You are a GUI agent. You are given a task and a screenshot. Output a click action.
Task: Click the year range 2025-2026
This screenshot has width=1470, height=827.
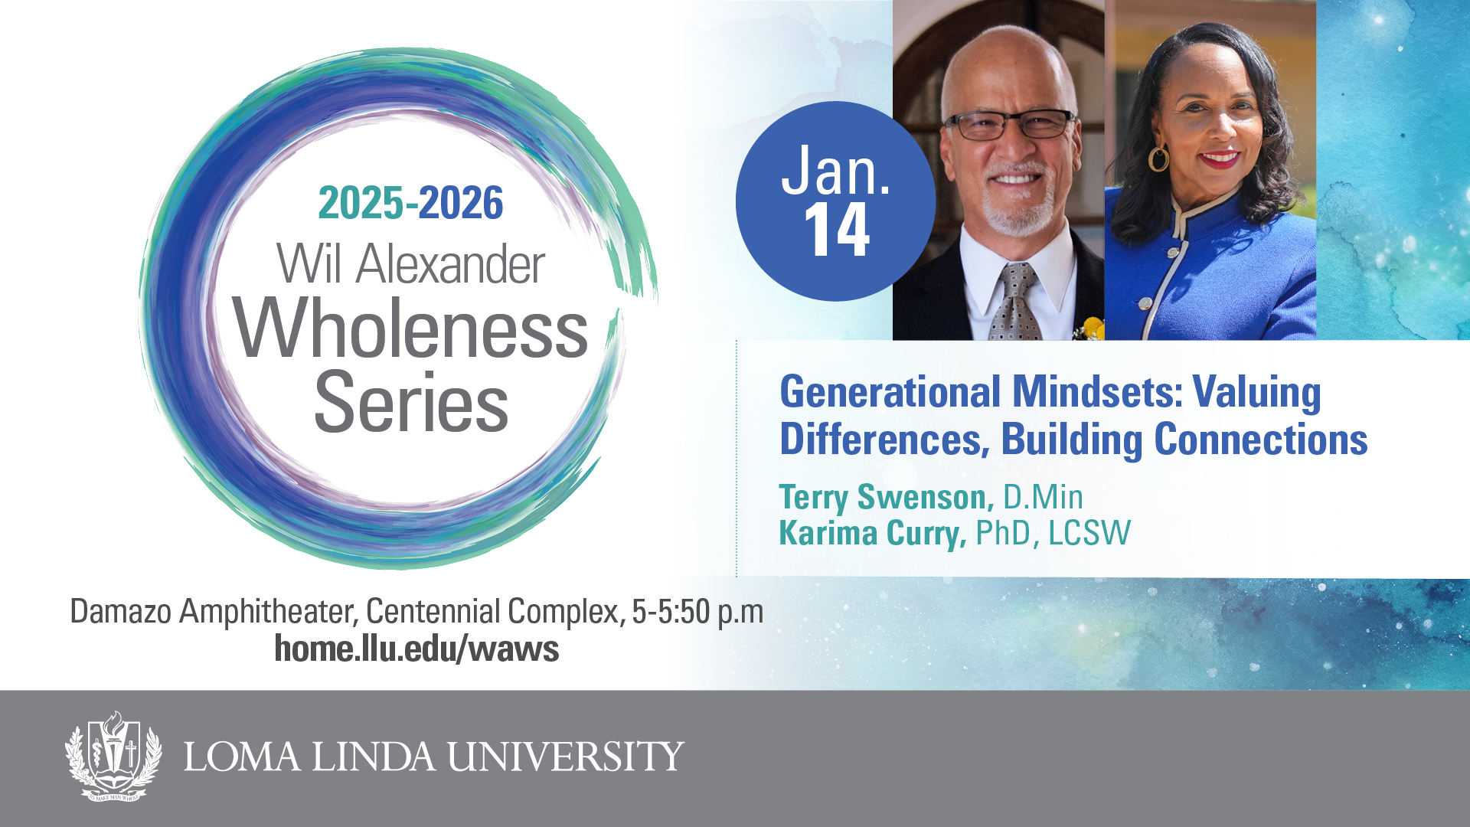[410, 203]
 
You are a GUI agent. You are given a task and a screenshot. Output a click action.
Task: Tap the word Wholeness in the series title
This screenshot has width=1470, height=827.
[411, 329]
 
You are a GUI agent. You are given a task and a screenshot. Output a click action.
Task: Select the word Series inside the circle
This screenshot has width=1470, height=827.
[411, 402]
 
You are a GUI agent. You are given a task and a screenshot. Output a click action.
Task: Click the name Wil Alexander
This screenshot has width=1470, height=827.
[411, 264]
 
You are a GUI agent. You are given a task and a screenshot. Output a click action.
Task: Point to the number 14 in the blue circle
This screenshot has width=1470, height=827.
[837, 230]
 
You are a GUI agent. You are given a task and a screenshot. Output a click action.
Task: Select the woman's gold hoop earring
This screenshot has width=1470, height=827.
[1158, 158]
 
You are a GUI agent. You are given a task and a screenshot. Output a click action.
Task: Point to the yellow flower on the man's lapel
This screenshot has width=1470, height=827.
[1091, 329]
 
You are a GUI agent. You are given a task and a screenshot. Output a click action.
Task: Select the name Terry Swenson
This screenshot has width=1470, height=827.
[886, 498]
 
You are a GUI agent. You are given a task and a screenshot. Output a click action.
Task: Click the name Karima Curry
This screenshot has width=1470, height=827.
[873, 533]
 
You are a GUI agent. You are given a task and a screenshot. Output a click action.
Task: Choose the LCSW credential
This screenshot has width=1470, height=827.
[1089, 533]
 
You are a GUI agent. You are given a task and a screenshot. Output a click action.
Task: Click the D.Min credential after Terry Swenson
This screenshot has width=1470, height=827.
[1043, 497]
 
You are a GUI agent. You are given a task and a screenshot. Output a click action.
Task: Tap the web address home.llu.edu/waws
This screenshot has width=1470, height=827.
[416, 649]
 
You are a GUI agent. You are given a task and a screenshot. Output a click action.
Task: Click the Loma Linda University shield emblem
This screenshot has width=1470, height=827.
[113, 756]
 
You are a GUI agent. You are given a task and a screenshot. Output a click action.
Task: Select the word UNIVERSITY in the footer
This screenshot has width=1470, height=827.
[566, 757]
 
